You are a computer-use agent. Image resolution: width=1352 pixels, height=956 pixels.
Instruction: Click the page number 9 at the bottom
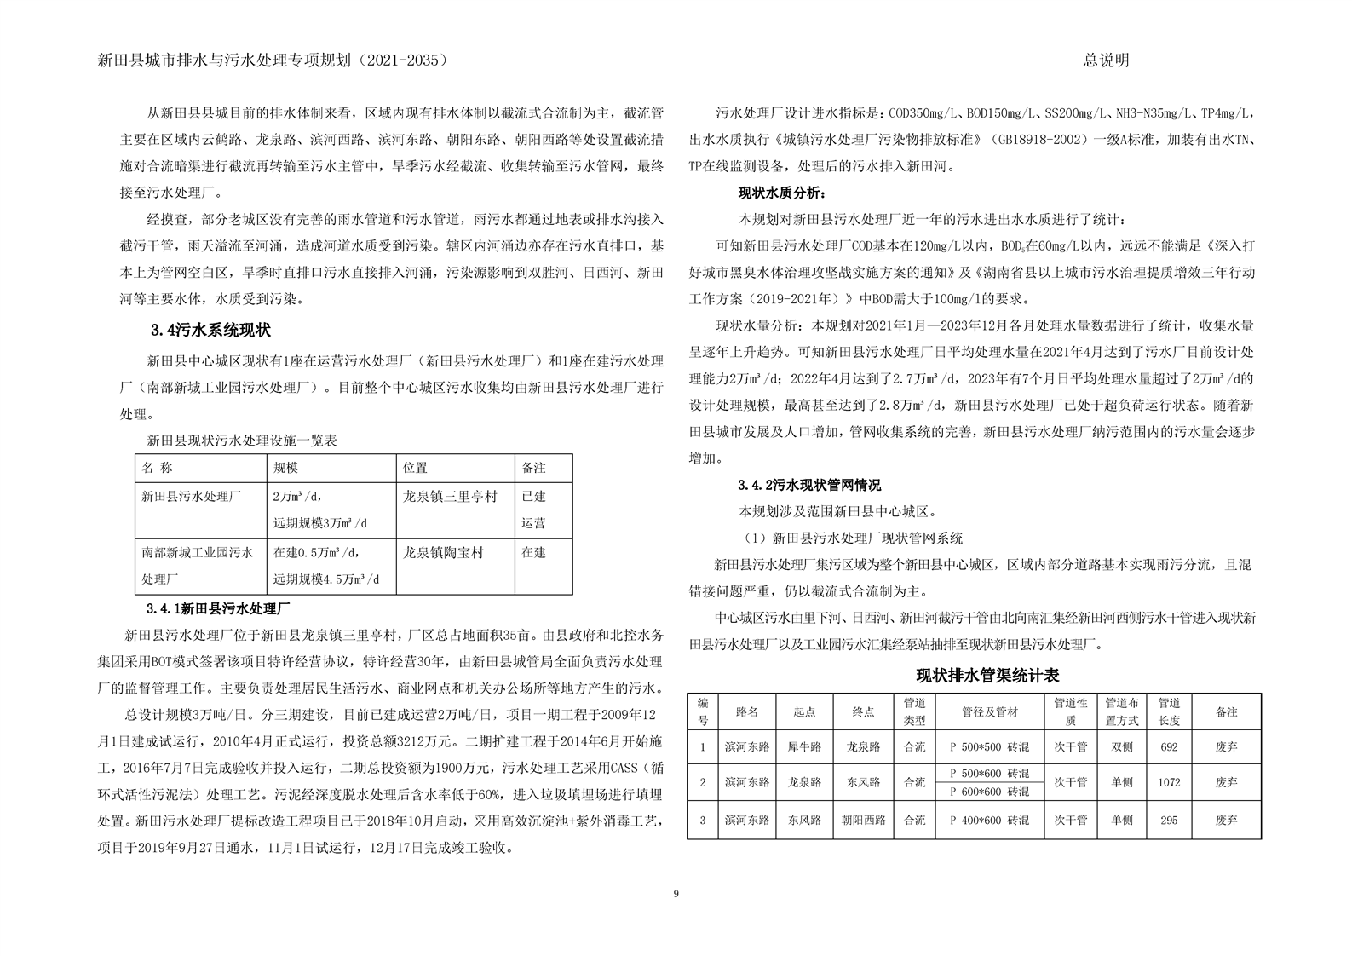click(676, 893)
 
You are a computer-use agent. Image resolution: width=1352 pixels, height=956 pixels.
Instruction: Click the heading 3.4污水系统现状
click(210, 330)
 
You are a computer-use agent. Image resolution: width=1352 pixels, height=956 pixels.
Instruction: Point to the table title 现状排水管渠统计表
click(987, 676)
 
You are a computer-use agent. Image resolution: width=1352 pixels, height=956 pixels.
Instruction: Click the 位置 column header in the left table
click(416, 468)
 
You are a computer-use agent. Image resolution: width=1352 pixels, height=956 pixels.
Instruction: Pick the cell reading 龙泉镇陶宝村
click(443, 552)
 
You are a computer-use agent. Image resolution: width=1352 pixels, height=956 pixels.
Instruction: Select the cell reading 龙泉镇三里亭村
click(450, 496)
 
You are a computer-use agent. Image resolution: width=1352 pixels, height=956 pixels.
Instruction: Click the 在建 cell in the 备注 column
click(533, 552)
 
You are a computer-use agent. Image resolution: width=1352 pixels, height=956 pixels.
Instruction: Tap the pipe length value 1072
click(1169, 782)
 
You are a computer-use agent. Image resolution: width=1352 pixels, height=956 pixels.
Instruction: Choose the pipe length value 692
click(1169, 746)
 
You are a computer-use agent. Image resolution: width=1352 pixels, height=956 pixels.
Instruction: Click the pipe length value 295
click(1169, 820)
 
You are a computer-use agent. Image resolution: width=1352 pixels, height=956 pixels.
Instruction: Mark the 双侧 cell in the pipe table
click(1121, 746)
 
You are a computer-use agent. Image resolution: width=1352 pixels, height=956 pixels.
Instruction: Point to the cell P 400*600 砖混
click(989, 820)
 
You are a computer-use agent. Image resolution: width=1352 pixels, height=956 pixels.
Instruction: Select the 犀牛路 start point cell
click(804, 746)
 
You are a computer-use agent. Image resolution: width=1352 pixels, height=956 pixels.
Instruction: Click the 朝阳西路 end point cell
click(863, 820)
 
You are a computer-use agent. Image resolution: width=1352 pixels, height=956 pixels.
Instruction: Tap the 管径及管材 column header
click(989, 711)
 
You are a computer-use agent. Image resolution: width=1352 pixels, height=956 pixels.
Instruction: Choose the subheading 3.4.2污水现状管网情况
click(809, 485)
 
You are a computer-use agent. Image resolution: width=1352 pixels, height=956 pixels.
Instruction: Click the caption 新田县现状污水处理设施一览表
click(242, 441)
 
